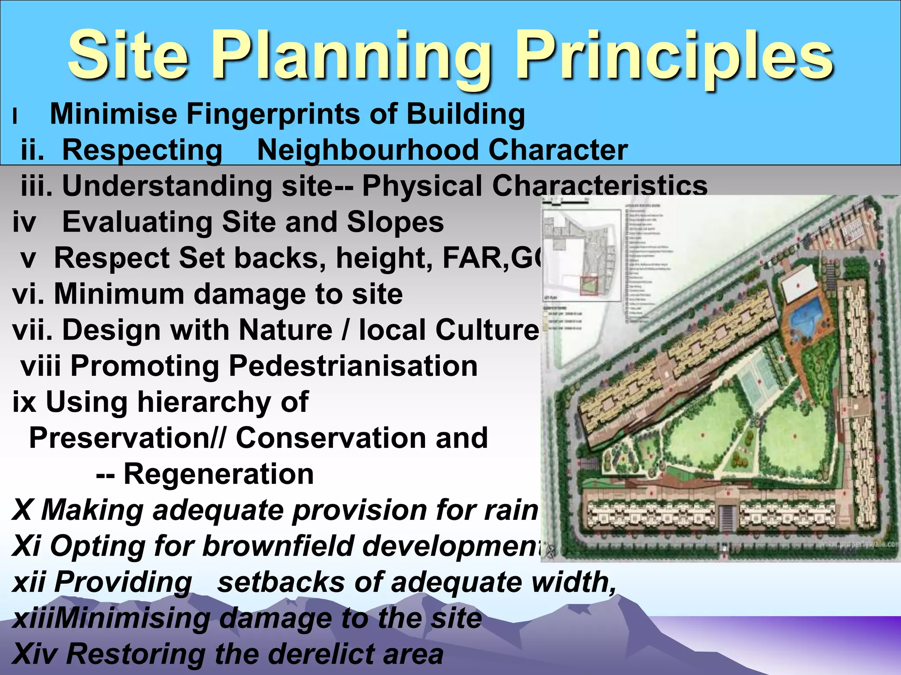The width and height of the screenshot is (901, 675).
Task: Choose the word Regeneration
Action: click(x=219, y=474)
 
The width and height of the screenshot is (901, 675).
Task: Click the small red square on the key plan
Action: click(x=589, y=286)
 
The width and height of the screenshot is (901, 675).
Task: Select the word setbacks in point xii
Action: click(x=281, y=582)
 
